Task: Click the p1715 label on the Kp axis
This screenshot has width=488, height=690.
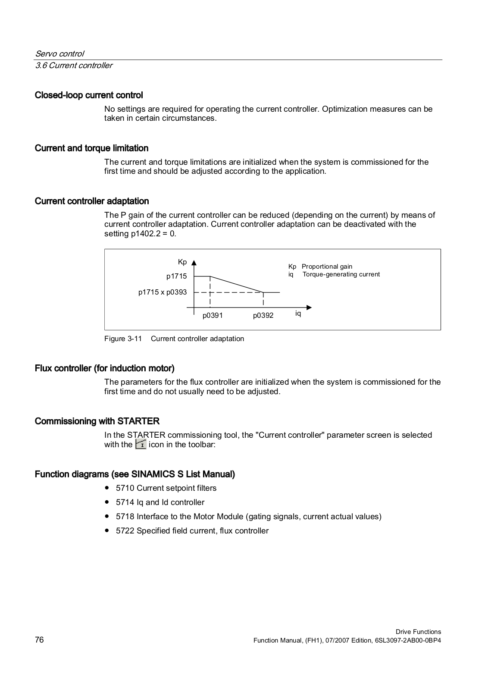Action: point(176,276)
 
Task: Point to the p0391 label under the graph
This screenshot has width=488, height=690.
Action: point(213,315)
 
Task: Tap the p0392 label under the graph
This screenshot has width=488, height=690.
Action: point(263,315)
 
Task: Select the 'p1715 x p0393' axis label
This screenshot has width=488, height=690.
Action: point(163,292)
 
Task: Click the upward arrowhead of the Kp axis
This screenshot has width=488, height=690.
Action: point(194,262)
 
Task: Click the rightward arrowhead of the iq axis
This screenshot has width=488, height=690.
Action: point(309,307)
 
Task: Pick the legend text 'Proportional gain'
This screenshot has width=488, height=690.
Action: point(327,267)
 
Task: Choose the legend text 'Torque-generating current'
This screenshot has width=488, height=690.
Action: point(341,274)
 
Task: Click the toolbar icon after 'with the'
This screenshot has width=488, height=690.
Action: point(141,444)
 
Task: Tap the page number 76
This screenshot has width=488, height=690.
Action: point(39,640)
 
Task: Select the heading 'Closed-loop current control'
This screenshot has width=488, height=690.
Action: point(89,95)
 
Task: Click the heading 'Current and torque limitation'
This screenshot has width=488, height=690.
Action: point(91,148)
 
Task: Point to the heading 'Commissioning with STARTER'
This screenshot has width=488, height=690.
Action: point(97,421)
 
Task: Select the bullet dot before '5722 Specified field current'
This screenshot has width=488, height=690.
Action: point(106,530)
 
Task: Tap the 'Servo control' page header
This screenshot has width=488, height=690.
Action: point(59,53)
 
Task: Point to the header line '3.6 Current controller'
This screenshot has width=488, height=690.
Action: point(74,65)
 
